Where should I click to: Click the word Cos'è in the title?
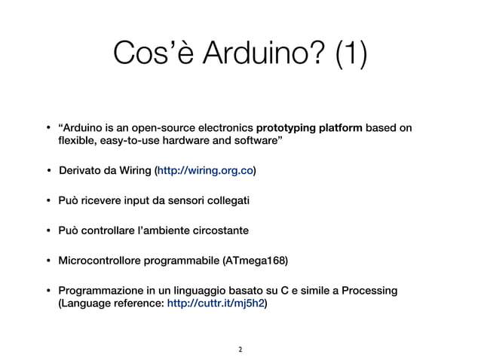point(146,53)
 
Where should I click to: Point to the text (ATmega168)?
point(256,261)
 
